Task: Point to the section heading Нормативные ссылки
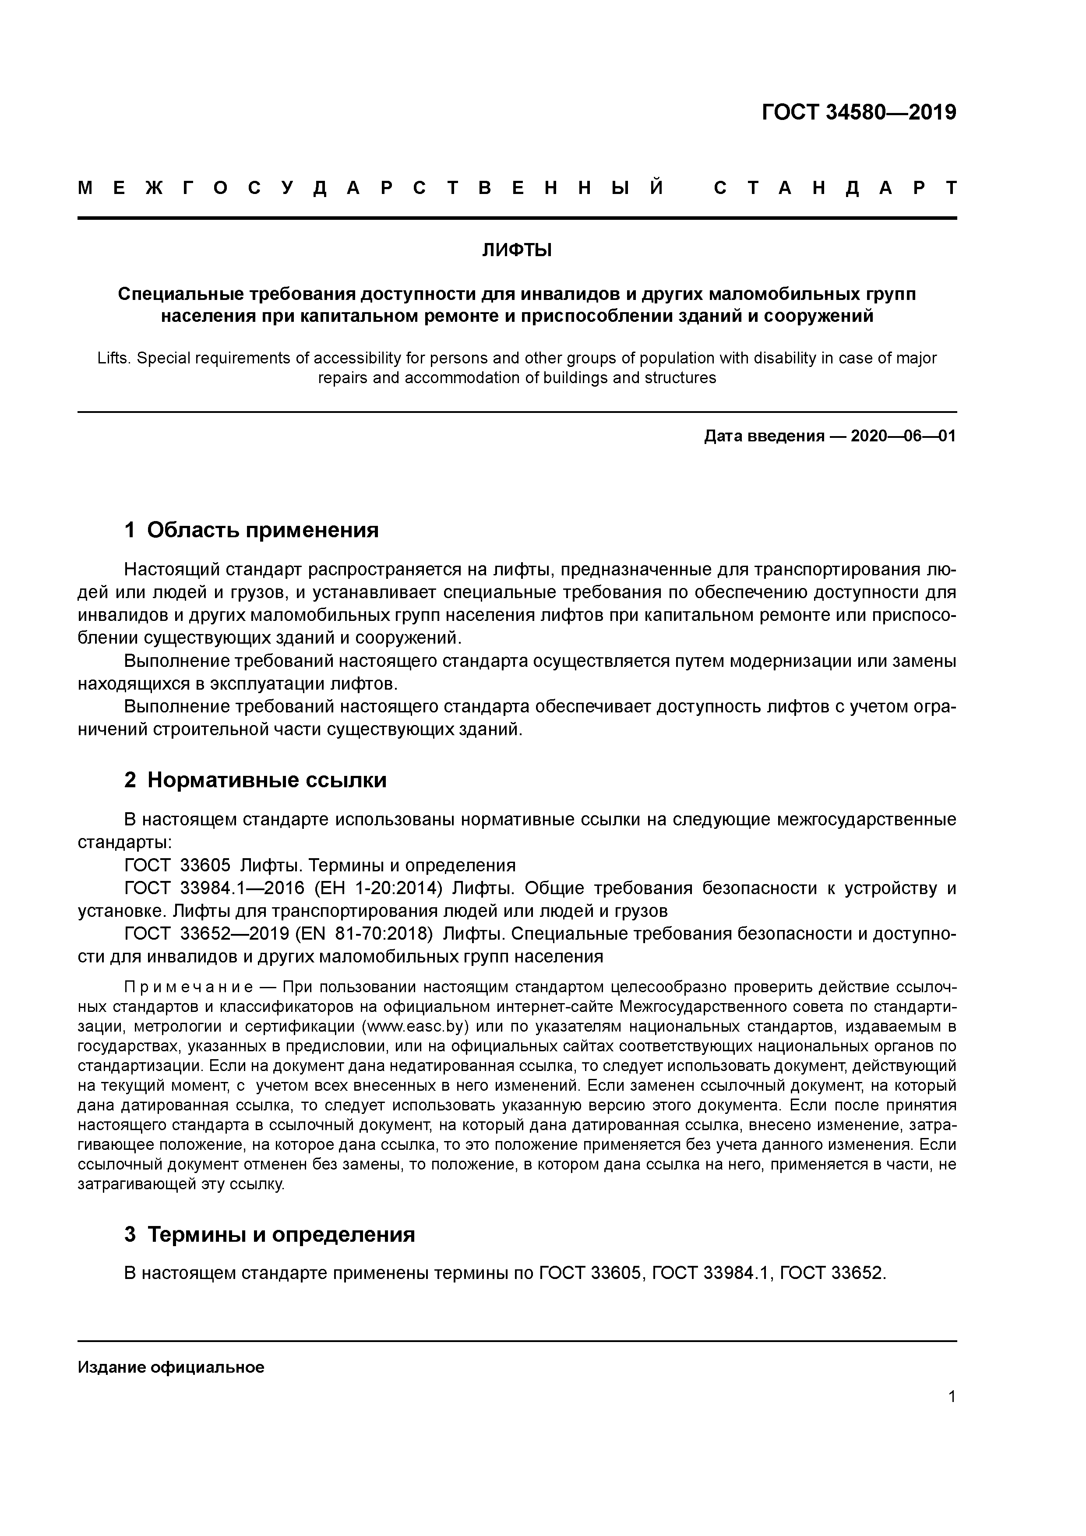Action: coord(266,780)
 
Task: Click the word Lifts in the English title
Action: coord(114,359)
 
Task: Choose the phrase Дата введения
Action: coord(764,437)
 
